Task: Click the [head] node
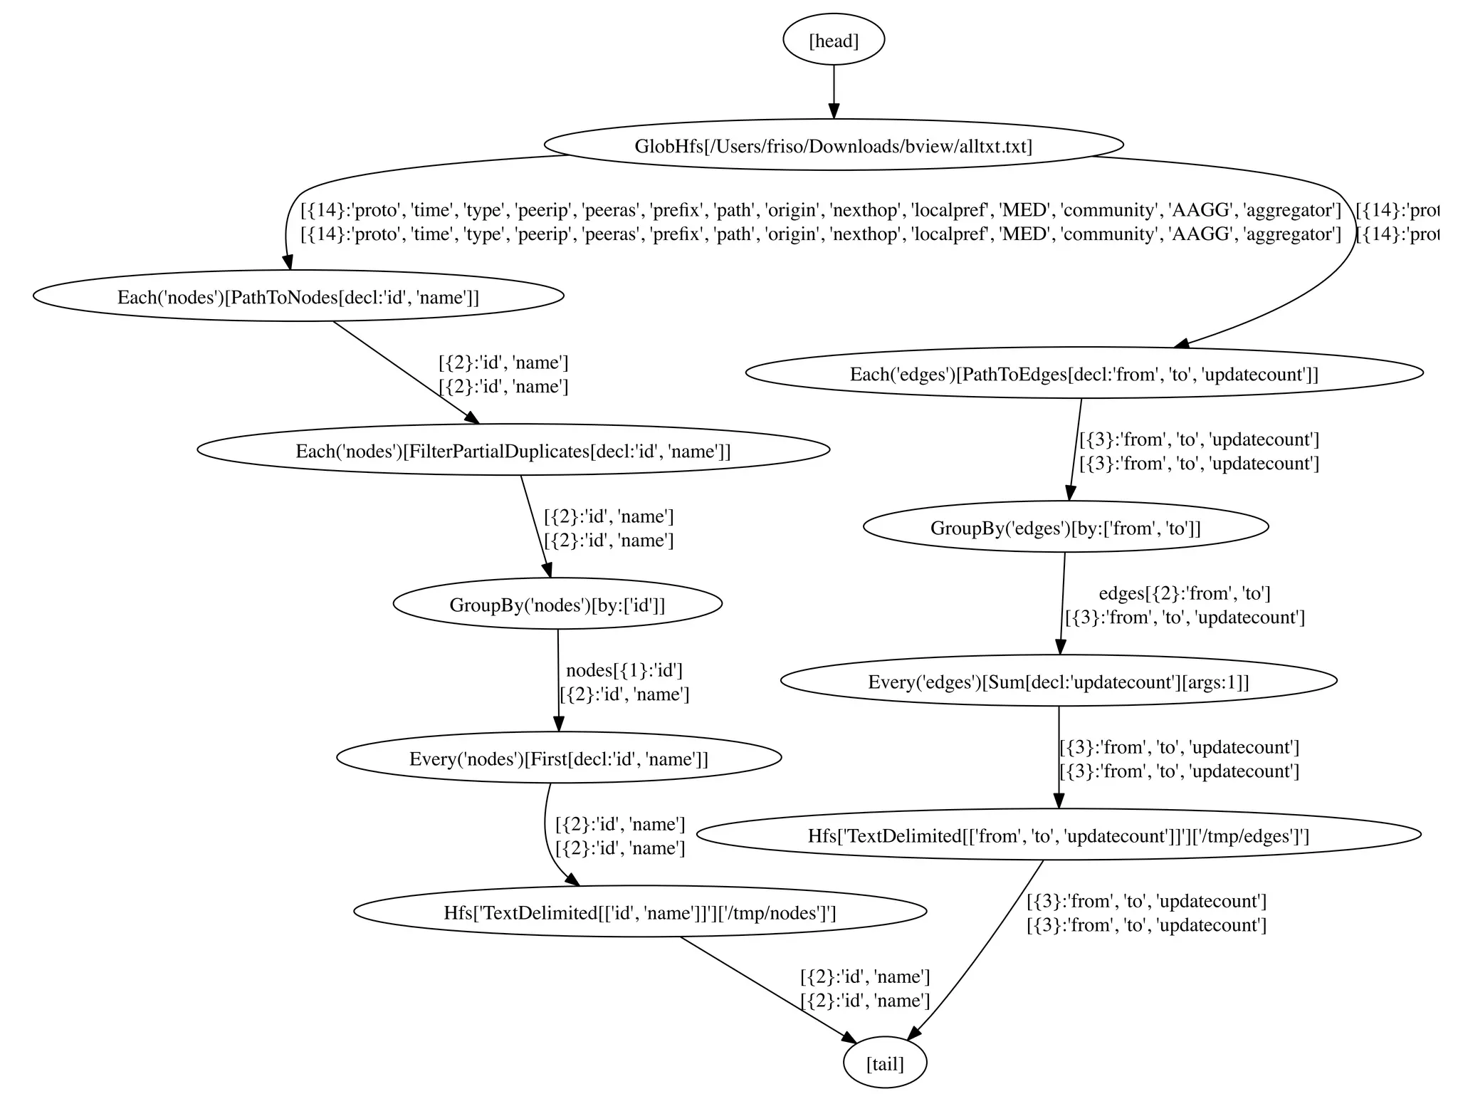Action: pos(834,41)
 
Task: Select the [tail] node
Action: pos(885,1063)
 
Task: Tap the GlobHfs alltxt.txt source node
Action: pos(834,145)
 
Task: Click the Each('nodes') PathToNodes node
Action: pos(298,296)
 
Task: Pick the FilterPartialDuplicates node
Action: pos(513,450)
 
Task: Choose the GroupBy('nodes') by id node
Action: pos(557,604)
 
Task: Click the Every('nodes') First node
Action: pos(559,758)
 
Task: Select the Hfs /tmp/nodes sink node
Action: pos(640,912)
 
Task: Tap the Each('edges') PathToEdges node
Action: pos(1084,373)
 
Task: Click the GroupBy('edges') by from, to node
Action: pos(1066,527)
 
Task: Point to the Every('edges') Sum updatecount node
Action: pos(1059,681)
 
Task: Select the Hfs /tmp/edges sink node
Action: pos(1059,835)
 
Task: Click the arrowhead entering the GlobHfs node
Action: pos(834,111)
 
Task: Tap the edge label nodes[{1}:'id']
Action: pos(624,670)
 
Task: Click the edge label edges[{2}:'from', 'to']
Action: pos(1185,593)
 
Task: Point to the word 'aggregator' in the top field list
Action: pos(1292,210)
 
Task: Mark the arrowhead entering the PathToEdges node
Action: pos(1182,345)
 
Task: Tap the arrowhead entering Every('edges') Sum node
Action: pos(1060,647)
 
